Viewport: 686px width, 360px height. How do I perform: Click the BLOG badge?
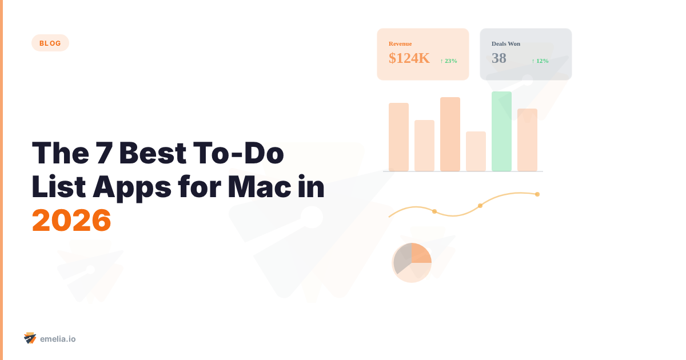tap(50, 43)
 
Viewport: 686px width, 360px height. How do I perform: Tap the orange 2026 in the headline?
tap(71, 220)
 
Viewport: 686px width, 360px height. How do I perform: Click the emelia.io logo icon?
tap(30, 338)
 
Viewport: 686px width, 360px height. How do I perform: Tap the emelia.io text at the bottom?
tap(58, 339)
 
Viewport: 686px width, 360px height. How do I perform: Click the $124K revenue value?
tap(409, 58)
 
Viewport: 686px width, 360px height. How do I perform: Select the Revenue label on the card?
tap(400, 43)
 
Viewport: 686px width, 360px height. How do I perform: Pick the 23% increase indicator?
tap(449, 61)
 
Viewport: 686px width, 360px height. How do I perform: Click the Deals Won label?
tap(506, 43)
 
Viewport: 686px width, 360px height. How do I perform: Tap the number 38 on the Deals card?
tap(499, 58)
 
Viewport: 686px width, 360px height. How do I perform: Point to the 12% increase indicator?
tap(540, 61)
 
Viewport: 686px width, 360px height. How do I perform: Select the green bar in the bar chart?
tap(501, 131)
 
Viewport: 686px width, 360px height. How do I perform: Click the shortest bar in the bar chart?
tap(476, 151)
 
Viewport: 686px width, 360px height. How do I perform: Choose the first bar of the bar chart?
tap(398, 137)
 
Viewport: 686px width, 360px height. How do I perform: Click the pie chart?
tap(412, 262)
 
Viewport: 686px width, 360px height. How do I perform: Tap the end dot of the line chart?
tap(537, 194)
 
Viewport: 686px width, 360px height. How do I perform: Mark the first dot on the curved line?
tap(434, 212)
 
